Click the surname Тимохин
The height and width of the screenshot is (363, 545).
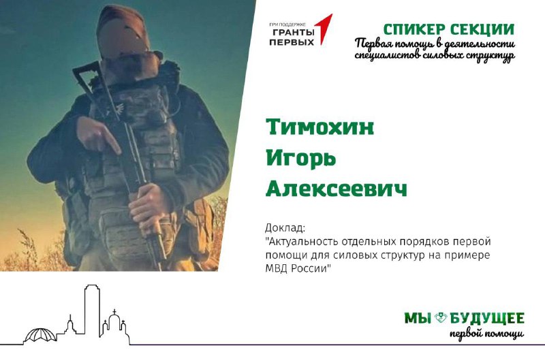(x=320, y=127)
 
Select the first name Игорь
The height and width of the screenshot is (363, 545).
(x=301, y=159)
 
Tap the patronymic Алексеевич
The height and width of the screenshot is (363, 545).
(x=337, y=189)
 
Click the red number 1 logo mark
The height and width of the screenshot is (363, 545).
(x=323, y=29)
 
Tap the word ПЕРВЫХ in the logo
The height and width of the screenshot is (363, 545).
(x=292, y=42)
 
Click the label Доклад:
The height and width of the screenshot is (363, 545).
(x=285, y=228)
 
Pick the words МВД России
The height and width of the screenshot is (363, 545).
(x=296, y=269)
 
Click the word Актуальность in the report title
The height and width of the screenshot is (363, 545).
(x=301, y=241)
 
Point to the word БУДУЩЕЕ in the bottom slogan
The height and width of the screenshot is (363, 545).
(x=487, y=318)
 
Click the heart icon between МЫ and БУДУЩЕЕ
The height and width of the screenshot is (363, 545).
(x=441, y=317)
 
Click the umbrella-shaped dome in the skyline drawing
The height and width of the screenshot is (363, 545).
(x=40, y=335)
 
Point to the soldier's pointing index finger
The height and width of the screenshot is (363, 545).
(x=112, y=142)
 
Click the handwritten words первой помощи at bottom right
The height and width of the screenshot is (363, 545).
(x=486, y=334)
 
